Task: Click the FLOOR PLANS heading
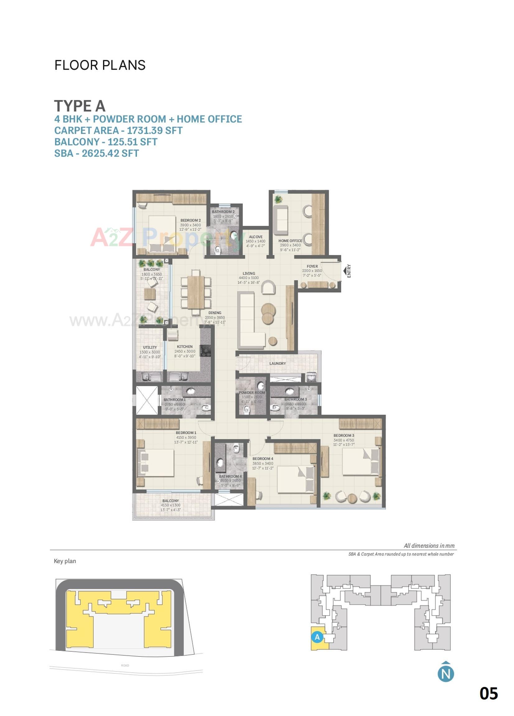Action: [100, 65]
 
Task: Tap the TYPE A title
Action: [80, 105]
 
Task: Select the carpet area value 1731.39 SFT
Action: [155, 130]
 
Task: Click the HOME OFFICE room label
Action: [290, 240]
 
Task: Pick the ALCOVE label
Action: [255, 237]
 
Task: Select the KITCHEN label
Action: [185, 346]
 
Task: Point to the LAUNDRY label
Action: [278, 363]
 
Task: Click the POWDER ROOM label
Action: [252, 393]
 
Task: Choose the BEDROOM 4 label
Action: [263, 458]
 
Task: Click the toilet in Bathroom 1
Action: [206, 407]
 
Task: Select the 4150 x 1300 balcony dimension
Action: [171, 505]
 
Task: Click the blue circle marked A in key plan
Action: [317, 637]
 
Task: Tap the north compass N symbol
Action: [446, 673]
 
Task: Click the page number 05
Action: [488, 694]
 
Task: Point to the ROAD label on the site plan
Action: [125, 665]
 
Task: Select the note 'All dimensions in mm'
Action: [429, 546]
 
